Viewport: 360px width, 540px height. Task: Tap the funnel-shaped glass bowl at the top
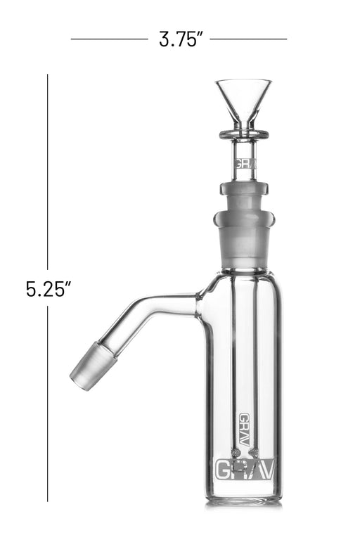pos(243,104)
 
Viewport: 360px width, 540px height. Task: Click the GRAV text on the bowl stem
pos(245,164)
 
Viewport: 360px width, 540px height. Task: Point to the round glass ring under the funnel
pos(244,135)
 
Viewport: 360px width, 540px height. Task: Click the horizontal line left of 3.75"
pos(110,39)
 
